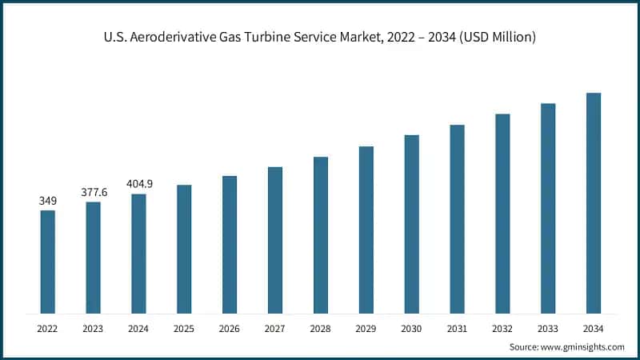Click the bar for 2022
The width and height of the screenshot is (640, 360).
click(x=48, y=262)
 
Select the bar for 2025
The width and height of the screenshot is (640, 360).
click(x=184, y=249)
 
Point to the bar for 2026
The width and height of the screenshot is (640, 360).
click(x=230, y=244)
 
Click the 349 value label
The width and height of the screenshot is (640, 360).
click(x=48, y=200)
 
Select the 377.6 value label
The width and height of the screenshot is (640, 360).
click(x=94, y=192)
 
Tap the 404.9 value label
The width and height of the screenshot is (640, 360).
click(x=139, y=184)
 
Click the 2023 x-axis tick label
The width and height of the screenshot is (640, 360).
click(x=94, y=328)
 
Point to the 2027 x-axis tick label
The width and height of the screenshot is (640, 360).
click(x=275, y=328)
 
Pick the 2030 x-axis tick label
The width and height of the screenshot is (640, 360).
click(x=411, y=328)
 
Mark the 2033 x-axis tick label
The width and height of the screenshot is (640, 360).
click(x=548, y=328)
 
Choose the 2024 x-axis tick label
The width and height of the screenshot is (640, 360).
click(x=139, y=328)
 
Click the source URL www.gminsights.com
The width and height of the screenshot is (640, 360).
click(x=585, y=347)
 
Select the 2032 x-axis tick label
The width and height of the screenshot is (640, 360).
click(x=502, y=328)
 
